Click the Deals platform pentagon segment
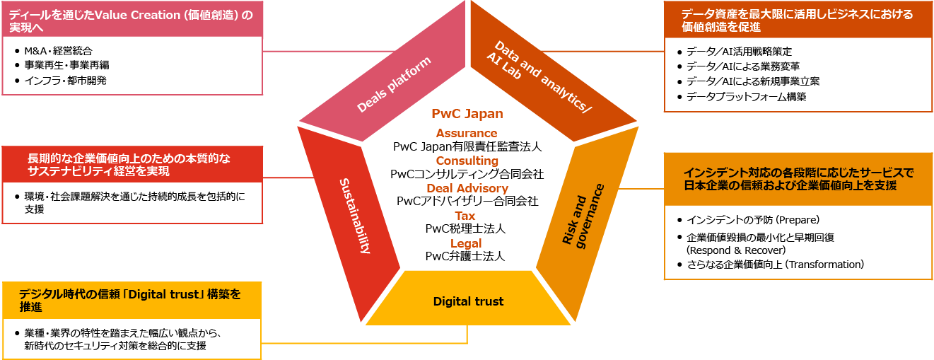(x=393, y=85)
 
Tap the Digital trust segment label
(x=468, y=302)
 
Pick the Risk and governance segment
(x=583, y=215)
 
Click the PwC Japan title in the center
(x=467, y=114)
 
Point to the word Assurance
(x=467, y=133)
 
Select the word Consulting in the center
(x=467, y=161)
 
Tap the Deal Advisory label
(x=467, y=188)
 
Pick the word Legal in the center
(x=466, y=243)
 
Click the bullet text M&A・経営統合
(x=58, y=51)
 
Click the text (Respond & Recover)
(x=736, y=250)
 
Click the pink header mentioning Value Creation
(x=130, y=19)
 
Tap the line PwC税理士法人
(x=466, y=229)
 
